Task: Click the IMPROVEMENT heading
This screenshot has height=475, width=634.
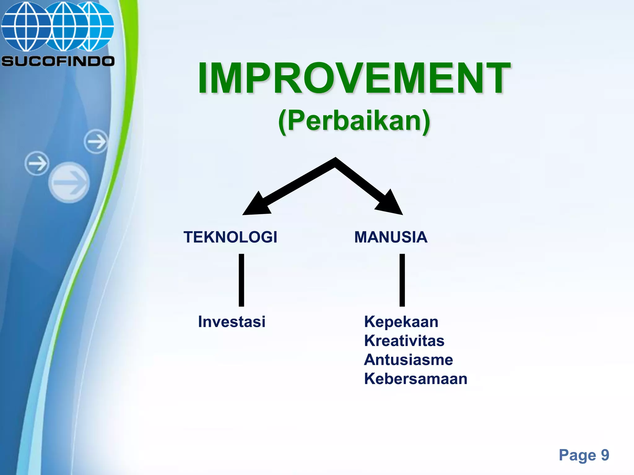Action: pyautogui.click(x=354, y=78)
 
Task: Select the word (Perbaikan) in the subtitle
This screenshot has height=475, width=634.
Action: pyautogui.click(x=354, y=121)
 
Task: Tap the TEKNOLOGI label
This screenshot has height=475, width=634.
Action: pyautogui.click(x=230, y=237)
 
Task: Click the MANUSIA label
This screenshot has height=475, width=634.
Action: pyautogui.click(x=391, y=237)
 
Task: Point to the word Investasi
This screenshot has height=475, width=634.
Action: pyautogui.click(x=232, y=322)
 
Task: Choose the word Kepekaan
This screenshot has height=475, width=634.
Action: pyautogui.click(x=401, y=322)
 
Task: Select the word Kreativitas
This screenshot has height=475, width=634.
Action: pyautogui.click(x=404, y=341)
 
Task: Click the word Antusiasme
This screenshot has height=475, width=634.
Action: pyautogui.click(x=408, y=360)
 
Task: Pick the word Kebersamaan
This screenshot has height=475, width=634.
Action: pyautogui.click(x=415, y=379)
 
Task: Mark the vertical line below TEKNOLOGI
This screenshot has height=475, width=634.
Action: pyautogui.click(x=241, y=280)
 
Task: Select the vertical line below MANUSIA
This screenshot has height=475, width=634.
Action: pyautogui.click(x=402, y=280)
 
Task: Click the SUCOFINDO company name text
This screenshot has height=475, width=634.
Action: pyautogui.click(x=58, y=61)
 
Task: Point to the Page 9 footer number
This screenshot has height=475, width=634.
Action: pyautogui.click(x=584, y=455)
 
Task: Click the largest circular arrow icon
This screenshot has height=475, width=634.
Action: pyautogui.click(x=69, y=182)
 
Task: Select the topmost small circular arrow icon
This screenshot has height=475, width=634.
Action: pyautogui.click(x=96, y=142)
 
